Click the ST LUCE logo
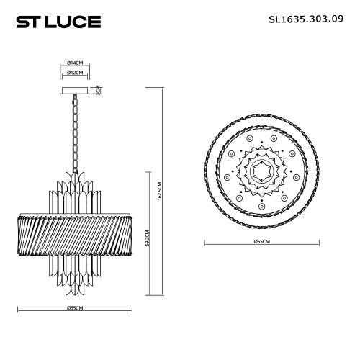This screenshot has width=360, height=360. [x=58, y=22]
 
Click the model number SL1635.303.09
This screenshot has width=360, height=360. [x=306, y=19]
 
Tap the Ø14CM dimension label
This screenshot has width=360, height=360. [x=75, y=63]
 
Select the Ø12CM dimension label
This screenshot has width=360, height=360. [x=75, y=73]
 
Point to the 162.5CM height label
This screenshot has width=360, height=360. [x=161, y=192]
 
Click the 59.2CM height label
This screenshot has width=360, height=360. [x=148, y=238]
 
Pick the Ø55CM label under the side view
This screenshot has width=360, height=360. [x=75, y=307]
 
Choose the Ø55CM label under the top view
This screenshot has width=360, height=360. [x=262, y=241]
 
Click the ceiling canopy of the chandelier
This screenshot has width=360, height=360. [x=75, y=91]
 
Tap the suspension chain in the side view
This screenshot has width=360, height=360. [x=75, y=133]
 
